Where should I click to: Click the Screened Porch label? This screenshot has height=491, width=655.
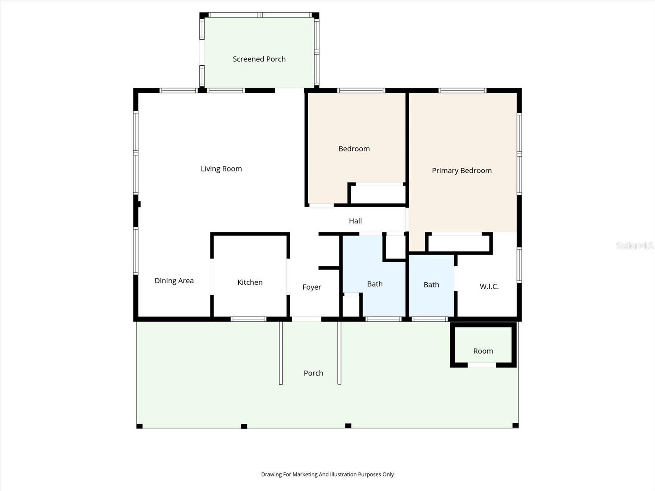pos(259,59)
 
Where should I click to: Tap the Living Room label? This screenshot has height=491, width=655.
pos(221,169)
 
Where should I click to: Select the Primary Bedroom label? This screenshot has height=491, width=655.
pos(461,171)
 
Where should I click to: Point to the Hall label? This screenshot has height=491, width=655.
pos(355,221)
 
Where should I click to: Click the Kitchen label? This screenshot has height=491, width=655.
pos(250,282)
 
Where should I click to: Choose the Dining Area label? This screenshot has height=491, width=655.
pos(174,281)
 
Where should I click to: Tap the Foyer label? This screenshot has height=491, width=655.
pos(312,287)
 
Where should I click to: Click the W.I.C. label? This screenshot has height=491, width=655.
pos(489,286)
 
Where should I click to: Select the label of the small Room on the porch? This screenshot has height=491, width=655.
pos(483,351)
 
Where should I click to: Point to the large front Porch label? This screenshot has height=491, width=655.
pos(313,373)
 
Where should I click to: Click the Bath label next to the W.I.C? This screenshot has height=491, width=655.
pos(431,285)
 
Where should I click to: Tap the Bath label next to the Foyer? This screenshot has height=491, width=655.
pos(375,284)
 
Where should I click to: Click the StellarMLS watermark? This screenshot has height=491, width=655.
pos(634,245)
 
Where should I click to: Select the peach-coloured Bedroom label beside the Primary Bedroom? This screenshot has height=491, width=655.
pos(354,149)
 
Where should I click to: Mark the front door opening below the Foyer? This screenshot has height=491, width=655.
pos(306,319)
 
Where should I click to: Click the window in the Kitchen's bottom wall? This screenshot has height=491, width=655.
pos(248,319)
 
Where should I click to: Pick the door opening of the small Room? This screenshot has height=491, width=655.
pos(482,365)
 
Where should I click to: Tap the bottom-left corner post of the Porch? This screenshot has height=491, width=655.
pos(139,426)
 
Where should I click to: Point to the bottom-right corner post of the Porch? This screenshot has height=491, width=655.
pos(515,426)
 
